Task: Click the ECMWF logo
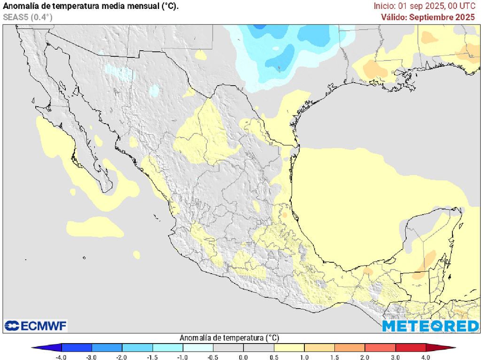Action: (x=36, y=325)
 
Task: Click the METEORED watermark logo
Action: (x=430, y=326)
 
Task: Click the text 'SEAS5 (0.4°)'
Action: (x=28, y=17)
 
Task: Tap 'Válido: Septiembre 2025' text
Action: (x=428, y=17)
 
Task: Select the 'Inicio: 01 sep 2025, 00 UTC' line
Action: (x=425, y=6)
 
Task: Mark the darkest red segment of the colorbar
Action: (x=411, y=348)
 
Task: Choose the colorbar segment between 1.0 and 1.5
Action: (x=319, y=348)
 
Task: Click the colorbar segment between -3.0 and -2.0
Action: (x=107, y=348)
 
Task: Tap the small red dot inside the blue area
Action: (x=279, y=69)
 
